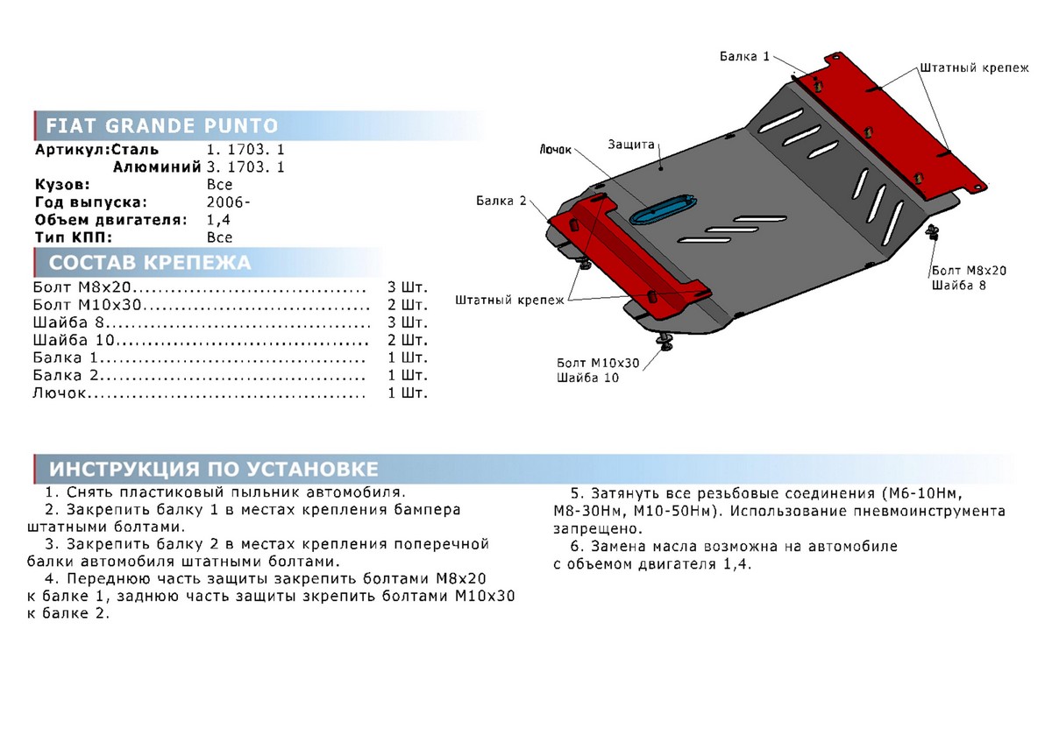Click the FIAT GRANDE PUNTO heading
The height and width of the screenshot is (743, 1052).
(161, 124)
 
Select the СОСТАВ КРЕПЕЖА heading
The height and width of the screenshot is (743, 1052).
(150, 263)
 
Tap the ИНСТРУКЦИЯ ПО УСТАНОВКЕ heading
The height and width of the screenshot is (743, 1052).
(214, 467)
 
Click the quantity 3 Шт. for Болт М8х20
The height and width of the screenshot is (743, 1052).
(407, 288)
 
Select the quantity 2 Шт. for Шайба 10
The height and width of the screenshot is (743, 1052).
(407, 340)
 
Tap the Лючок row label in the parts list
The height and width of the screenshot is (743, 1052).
(61, 393)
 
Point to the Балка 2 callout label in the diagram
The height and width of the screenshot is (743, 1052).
(501, 202)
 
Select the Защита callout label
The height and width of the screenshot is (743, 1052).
(630, 144)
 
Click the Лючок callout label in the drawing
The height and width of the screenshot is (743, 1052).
(555, 150)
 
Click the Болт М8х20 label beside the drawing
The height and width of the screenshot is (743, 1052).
(970, 270)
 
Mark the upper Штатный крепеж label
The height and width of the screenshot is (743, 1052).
(974, 67)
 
